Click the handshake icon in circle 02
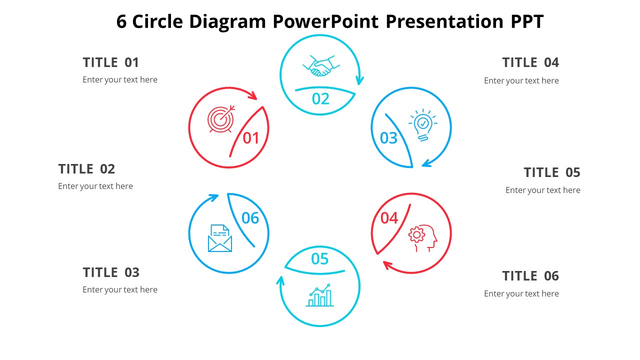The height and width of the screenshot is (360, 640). tap(321, 66)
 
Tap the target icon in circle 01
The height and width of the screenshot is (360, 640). tap(221, 119)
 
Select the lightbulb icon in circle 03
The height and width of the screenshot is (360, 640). tap(423, 125)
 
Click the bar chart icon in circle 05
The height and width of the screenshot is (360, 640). tap(320, 295)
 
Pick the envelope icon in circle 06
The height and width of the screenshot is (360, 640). tap(220, 238)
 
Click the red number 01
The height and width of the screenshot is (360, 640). tap(251, 138)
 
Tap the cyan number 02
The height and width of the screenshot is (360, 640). tap(320, 99)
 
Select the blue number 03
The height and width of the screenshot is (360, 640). tap(388, 138)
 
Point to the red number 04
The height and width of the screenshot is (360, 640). tap(389, 218)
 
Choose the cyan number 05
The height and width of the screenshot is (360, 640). tap(319, 259)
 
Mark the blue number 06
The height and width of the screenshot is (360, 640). tap(250, 218)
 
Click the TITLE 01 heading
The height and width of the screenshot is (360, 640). tap(111, 62)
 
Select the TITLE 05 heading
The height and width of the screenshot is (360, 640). tap(552, 172)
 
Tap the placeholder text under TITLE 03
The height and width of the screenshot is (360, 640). tap(120, 289)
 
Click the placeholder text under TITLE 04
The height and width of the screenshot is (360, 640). tap(521, 81)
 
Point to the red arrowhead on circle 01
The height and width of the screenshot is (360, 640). tap(252, 95)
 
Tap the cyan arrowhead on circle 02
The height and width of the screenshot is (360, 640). tap(359, 80)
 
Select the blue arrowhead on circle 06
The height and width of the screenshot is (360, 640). tap(213, 197)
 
